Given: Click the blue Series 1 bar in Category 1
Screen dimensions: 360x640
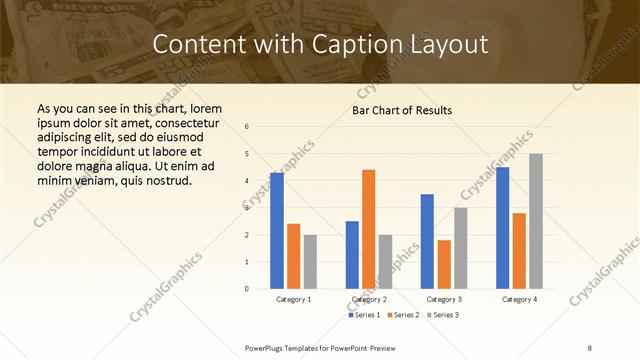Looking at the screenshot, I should [277, 230].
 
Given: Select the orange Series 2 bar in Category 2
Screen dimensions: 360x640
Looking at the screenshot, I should [368, 229].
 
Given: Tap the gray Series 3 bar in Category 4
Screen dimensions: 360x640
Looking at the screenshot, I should [536, 221].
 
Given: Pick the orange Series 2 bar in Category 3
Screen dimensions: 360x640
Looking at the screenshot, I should [444, 264].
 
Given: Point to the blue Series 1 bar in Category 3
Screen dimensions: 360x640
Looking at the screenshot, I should [427, 241].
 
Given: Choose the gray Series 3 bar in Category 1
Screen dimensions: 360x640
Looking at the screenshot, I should [310, 262].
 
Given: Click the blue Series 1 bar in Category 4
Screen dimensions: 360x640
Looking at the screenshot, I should [502, 227].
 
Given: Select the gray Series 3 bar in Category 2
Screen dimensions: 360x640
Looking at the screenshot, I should [385, 262].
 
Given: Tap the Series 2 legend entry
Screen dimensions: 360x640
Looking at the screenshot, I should [403, 315].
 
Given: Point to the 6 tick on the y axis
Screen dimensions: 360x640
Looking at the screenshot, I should [247, 127].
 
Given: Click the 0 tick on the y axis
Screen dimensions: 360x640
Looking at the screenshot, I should [247, 289].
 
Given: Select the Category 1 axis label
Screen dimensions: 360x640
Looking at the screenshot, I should [294, 299].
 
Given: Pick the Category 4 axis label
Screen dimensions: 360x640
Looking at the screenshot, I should [519, 299].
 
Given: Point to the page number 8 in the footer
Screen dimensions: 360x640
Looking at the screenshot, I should [590, 347].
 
